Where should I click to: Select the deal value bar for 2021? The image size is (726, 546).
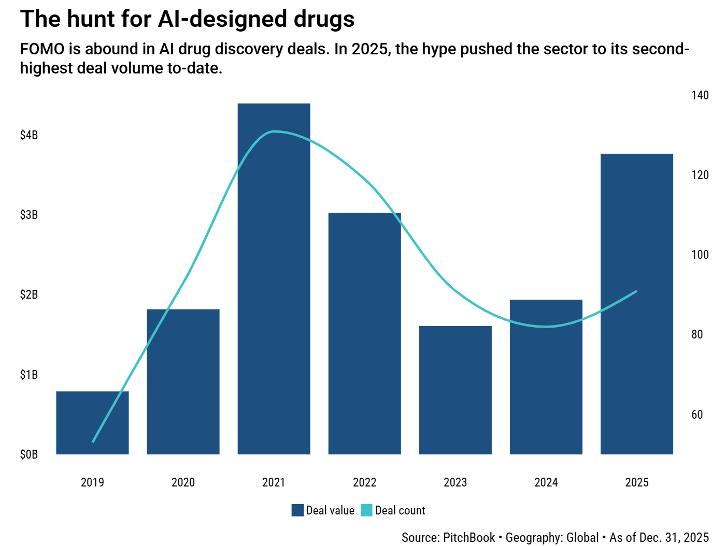pyautogui.click(x=274, y=279)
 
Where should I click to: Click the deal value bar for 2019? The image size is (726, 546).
pyautogui.click(x=92, y=423)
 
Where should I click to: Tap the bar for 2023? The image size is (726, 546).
pyautogui.click(x=455, y=390)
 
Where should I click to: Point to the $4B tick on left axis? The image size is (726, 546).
pyautogui.click(x=29, y=135)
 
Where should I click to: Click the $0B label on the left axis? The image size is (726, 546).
pyautogui.click(x=29, y=454)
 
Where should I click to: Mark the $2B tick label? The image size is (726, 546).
pyautogui.click(x=29, y=294)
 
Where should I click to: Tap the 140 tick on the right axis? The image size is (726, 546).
pyautogui.click(x=700, y=95)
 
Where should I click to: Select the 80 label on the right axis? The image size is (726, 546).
pyautogui.click(x=697, y=334)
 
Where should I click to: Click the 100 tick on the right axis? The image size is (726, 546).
pyautogui.click(x=700, y=255)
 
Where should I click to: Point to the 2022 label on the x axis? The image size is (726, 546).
pyautogui.click(x=364, y=482)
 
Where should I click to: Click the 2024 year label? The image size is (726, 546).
pyautogui.click(x=546, y=482)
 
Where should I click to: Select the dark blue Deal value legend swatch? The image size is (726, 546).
pyautogui.click(x=297, y=510)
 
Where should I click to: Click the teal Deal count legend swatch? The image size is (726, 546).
pyautogui.click(x=366, y=510)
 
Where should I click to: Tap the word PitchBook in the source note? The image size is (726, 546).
pyautogui.click(x=468, y=538)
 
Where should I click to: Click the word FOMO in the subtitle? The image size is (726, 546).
pyautogui.click(x=42, y=49)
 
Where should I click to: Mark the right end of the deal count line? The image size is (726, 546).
pyautogui.click(x=636, y=291)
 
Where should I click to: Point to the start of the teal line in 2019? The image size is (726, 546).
pyautogui.click(x=93, y=441)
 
